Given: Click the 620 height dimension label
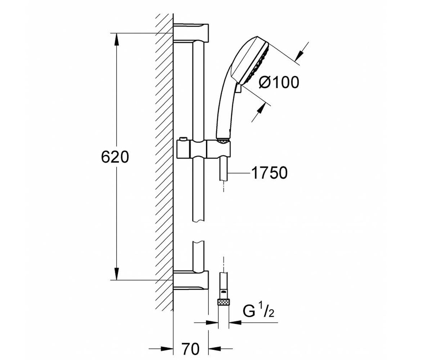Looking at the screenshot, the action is (x=115, y=157).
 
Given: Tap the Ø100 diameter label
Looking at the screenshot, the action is (x=279, y=82).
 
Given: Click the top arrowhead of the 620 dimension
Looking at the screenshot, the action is (x=117, y=40).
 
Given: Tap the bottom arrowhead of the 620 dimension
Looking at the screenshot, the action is (x=117, y=274).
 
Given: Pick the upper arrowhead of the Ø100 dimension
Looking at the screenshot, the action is (x=300, y=55).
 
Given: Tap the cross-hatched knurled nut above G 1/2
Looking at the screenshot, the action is (x=224, y=302).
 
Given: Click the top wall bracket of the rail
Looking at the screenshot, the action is (x=191, y=33).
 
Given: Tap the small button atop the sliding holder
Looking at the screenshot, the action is (x=183, y=139).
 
